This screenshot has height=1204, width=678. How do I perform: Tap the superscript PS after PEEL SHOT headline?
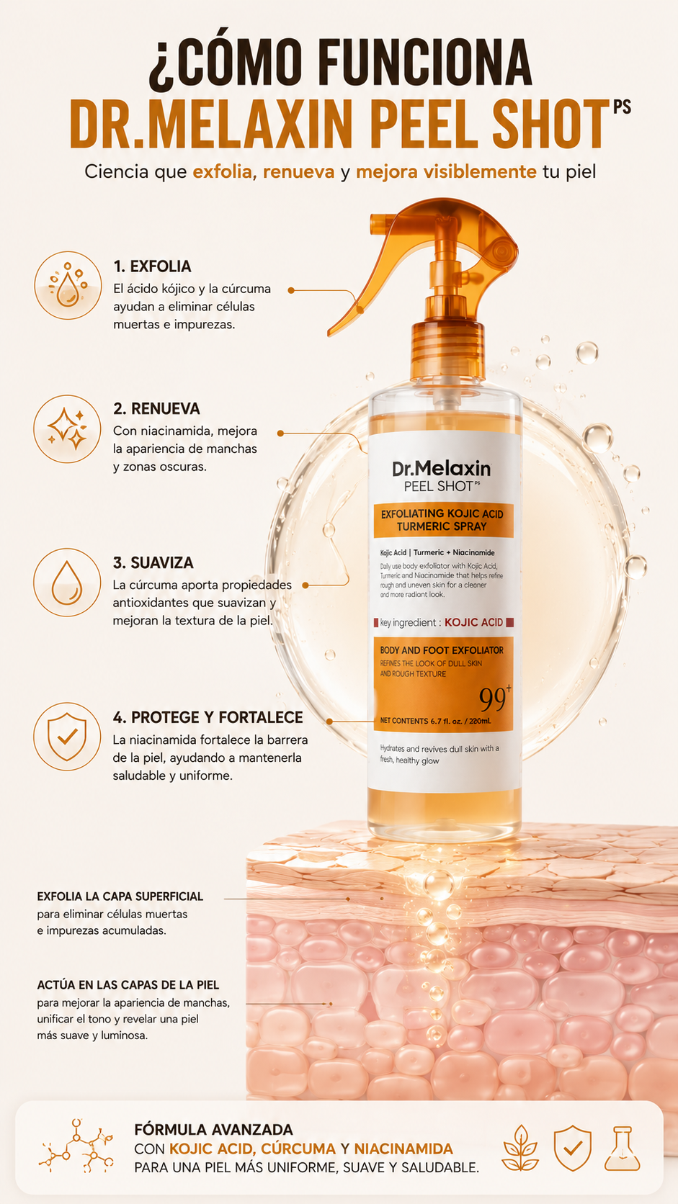pos(622,107)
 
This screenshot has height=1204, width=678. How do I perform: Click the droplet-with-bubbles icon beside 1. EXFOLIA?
pos(68,285)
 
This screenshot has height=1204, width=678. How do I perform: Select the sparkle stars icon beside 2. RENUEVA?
pos(67,429)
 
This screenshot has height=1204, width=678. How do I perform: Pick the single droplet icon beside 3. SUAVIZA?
pos(67,582)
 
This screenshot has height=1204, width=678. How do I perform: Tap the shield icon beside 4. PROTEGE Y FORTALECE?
pos(67,737)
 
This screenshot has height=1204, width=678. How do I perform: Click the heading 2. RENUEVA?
pos(156,408)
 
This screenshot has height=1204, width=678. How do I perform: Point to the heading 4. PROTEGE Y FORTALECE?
pos(208,717)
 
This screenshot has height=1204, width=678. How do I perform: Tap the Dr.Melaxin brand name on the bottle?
pos(442,469)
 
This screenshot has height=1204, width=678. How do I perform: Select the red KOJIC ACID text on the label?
pos(473,622)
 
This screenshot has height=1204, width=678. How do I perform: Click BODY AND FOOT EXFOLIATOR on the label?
pos(442,650)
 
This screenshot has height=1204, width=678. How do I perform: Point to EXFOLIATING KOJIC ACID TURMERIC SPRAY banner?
pos(443,521)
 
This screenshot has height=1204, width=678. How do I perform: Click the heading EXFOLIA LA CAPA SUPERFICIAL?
pos(120,897)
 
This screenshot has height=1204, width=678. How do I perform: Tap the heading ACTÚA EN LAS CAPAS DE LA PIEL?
pos(128,985)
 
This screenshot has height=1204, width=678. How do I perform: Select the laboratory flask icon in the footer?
pos(622,1149)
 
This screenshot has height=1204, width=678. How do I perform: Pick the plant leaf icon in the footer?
pos(520,1148)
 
